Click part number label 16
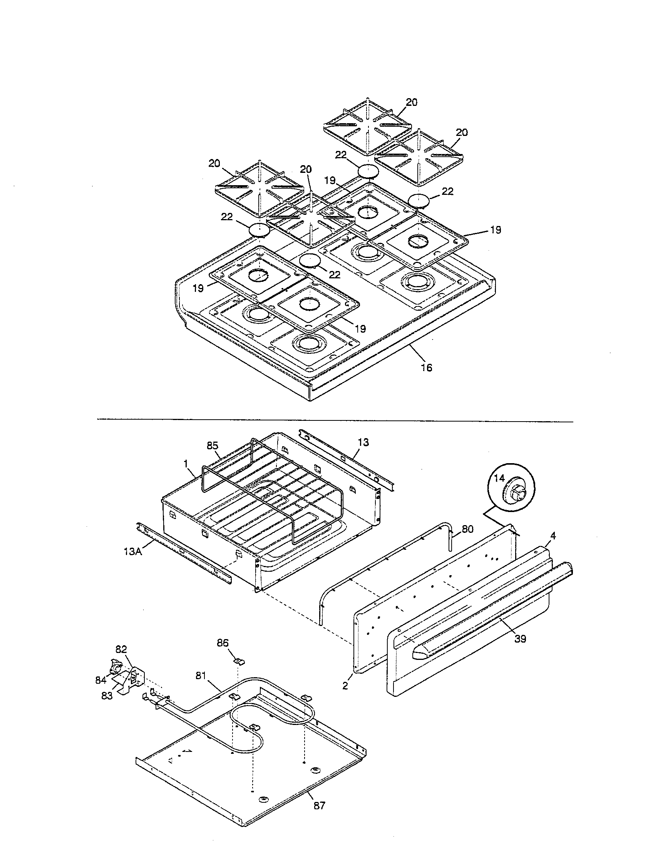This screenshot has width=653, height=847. pyautogui.click(x=426, y=368)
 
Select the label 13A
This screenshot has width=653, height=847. pyautogui.click(x=133, y=551)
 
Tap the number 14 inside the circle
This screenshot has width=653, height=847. pyautogui.click(x=499, y=478)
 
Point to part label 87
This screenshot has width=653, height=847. pyautogui.click(x=319, y=803)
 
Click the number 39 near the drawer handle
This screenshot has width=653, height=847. pyautogui.click(x=520, y=639)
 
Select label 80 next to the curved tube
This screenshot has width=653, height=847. pyautogui.click(x=468, y=529)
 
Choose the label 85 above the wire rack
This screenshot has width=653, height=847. pyautogui.click(x=213, y=445)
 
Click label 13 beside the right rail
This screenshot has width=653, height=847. pyautogui.click(x=363, y=442)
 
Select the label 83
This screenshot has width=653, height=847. pyautogui.click(x=107, y=696)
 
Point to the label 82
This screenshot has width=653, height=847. pyautogui.click(x=121, y=649)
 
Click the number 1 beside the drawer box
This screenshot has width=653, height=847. pyautogui.click(x=186, y=463)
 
